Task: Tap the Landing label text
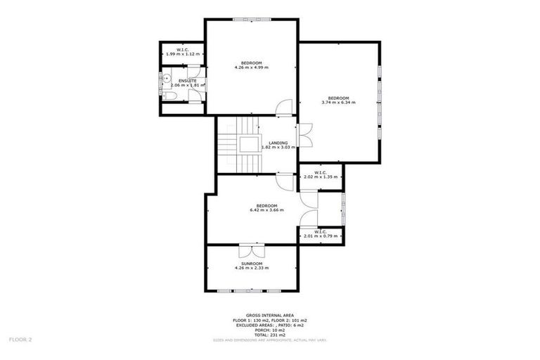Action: pos(278,143)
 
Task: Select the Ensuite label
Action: pos(187,81)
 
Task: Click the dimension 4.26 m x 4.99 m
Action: pos(251,67)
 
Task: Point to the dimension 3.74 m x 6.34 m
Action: pos(338,103)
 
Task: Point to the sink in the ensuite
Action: pos(165,79)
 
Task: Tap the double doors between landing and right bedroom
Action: pos(304,136)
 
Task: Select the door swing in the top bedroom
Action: pos(283,108)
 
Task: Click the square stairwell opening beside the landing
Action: pos(248,145)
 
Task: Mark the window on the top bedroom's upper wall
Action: pos(251,19)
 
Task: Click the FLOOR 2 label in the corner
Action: pos(20,339)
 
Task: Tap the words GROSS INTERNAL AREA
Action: pos(269,315)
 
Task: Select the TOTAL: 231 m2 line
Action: pos(269,334)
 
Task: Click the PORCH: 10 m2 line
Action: pos(269,329)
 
